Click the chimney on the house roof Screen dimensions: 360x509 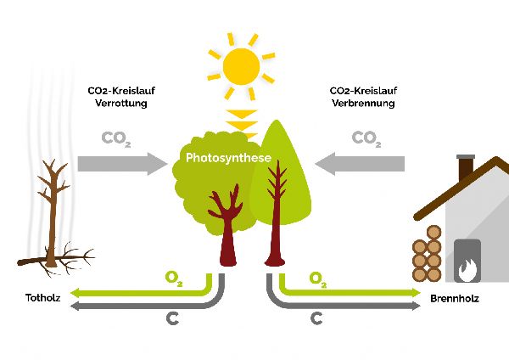[465, 168]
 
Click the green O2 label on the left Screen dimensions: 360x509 [173, 278]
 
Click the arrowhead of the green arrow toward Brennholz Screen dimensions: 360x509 [417, 292]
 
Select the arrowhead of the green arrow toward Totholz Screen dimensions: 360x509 [74, 292]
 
